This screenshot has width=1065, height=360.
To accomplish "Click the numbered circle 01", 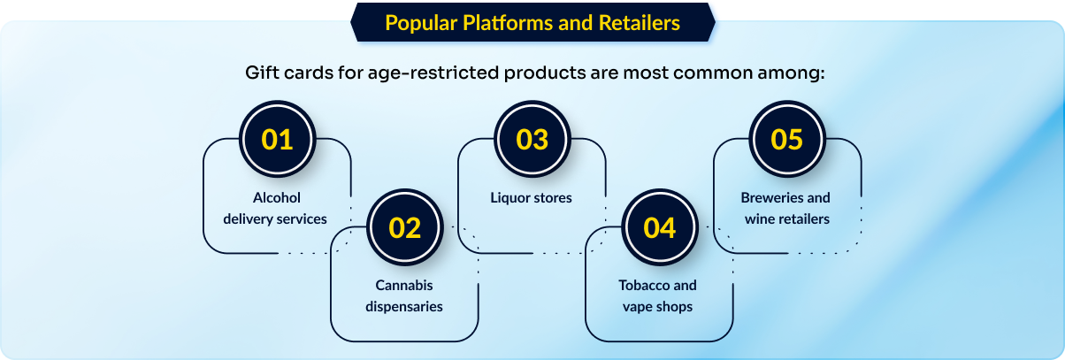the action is click(x=277, y=140).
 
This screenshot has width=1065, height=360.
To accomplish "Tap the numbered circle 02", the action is click(x=404, y=227).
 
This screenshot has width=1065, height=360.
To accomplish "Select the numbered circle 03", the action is click(x=532, y=140).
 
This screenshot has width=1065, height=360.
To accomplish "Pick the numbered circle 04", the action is click(x=660, y=227).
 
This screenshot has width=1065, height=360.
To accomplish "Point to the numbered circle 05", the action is click(x=787, y=140).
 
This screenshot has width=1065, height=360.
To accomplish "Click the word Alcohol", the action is click(x=277, y=197).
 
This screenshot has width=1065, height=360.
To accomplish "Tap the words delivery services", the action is click(x=275, y=218).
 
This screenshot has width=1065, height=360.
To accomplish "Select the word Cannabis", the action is click(x=404, y=285).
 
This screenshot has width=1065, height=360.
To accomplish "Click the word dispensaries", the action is click(x=404, y=307).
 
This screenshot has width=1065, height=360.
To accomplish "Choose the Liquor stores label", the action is click(x=531, y=197).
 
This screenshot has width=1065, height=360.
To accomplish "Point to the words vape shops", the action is click(x=657, y=307).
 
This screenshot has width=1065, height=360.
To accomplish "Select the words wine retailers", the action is click(x=787, y=218).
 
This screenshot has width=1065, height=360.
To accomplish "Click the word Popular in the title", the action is click(x=421, y=23).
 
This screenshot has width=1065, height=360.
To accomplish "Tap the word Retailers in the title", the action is click(x=640, y=23).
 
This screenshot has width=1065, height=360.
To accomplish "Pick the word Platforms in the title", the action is click(x=508, y=23).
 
